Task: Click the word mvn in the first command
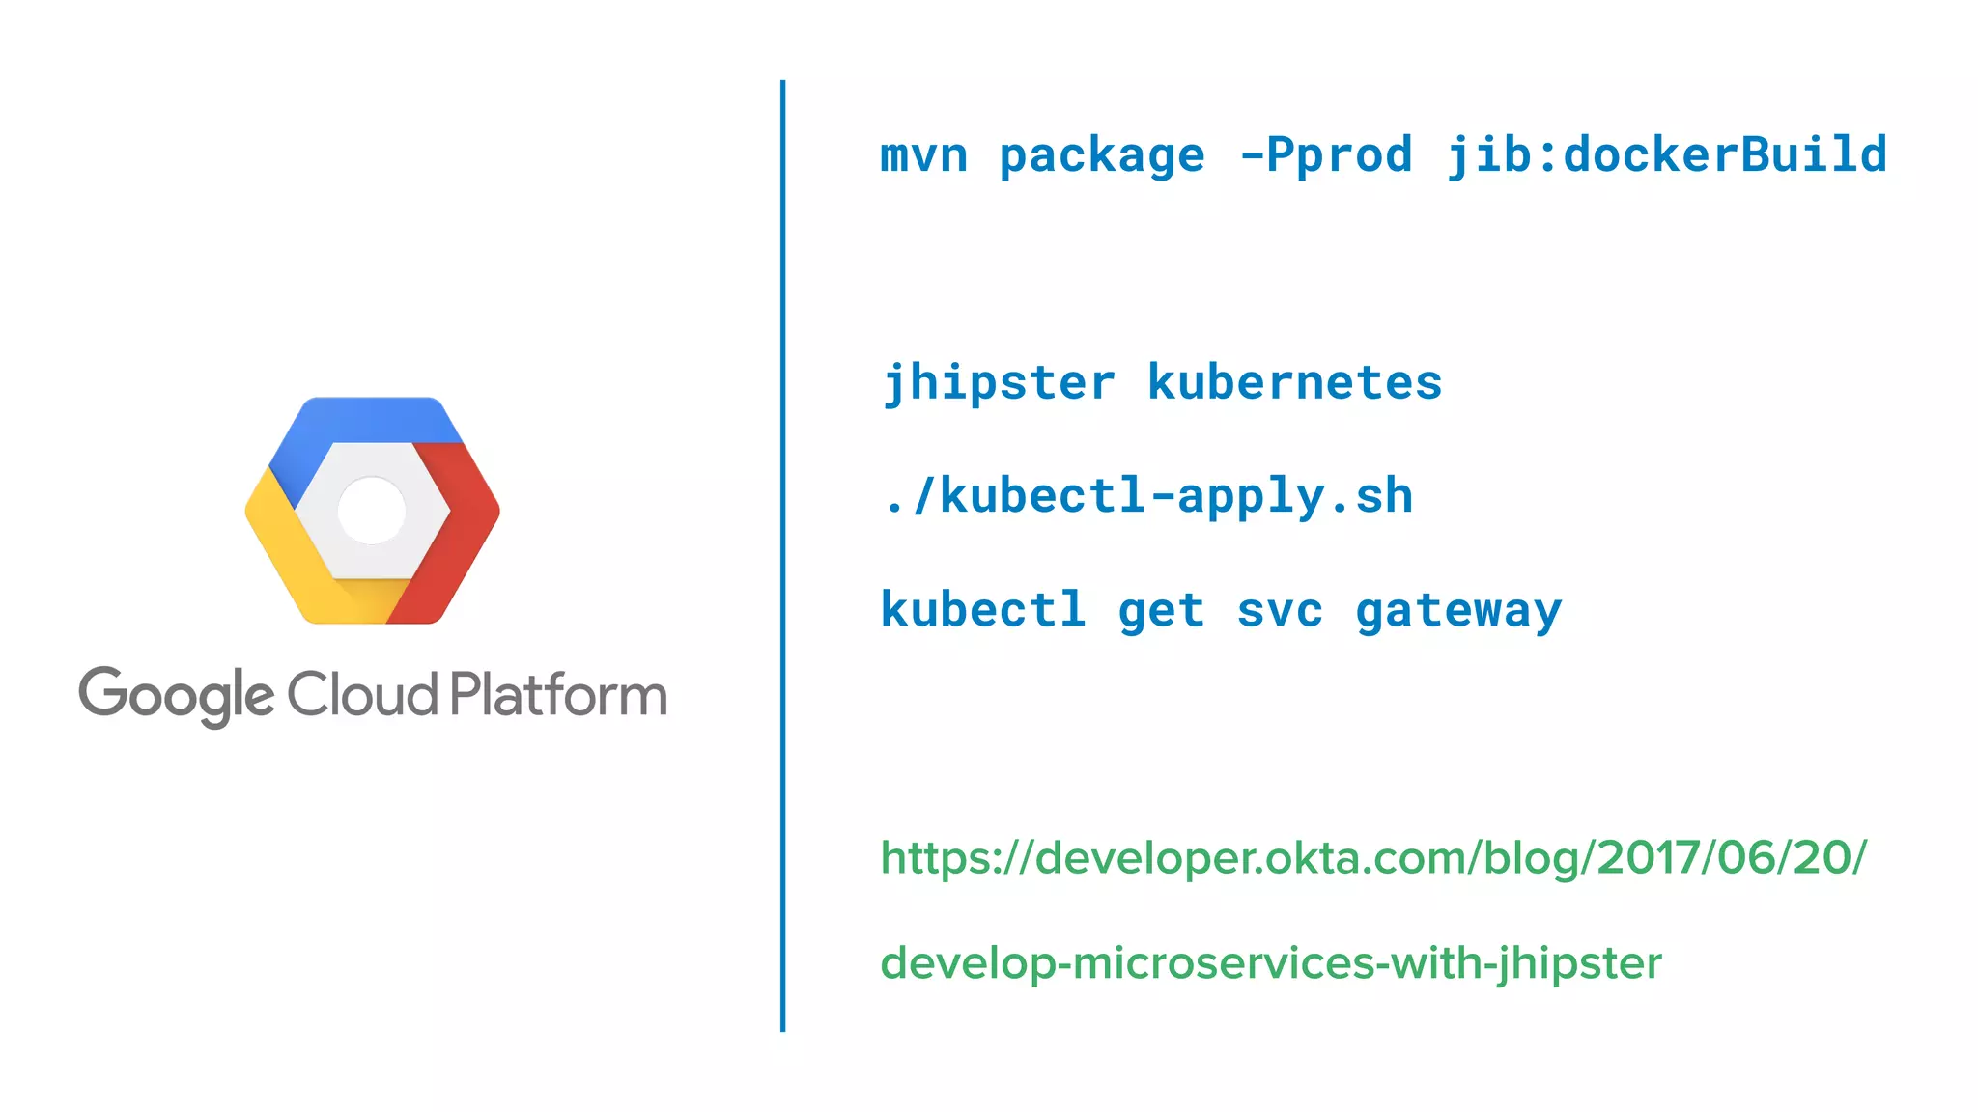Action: coord(923,156)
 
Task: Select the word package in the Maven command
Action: coord(1102,156)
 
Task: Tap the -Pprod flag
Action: coord(1325,154)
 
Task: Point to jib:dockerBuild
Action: coord(1666,154)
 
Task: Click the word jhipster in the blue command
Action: coord(999,383)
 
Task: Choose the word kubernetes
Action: coord(1294,382)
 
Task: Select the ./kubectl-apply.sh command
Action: coord(1147,496)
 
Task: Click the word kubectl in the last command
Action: coord(983,610)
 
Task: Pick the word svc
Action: coord(1280,611)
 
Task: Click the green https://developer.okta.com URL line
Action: coord(1372,857)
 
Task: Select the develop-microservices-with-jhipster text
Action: coord(1270,963)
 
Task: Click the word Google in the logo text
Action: coord(176,695)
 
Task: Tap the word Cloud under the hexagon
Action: coord(362,694)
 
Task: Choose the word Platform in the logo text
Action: coord(558,694)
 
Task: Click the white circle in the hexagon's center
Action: coord(372,510)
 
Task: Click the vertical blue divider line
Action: coord(782,556)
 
